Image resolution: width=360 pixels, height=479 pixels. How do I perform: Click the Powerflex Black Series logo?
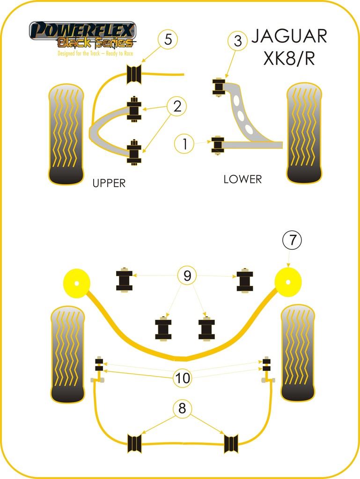coord(82,34)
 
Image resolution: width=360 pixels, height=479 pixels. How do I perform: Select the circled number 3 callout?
coord(238,41)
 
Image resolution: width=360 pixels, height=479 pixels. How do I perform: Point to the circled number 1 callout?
coord(185,144)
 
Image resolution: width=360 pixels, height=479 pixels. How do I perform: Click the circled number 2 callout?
coord(177,107)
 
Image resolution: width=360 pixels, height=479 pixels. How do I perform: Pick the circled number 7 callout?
coord(292,240)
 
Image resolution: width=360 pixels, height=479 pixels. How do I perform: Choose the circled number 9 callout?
coord(187,276)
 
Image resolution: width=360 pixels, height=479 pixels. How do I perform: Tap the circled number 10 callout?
coord(183,377)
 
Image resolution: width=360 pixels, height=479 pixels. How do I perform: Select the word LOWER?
coord(242,179)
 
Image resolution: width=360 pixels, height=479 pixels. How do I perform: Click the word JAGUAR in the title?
coord(289,36)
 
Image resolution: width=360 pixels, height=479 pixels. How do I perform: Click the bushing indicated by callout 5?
coord(135,74)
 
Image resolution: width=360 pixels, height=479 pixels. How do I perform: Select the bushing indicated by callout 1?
coord(217,145)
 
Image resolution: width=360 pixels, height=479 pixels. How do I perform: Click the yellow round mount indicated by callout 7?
coord(288,283)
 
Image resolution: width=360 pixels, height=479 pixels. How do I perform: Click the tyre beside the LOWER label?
coord(304,133)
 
